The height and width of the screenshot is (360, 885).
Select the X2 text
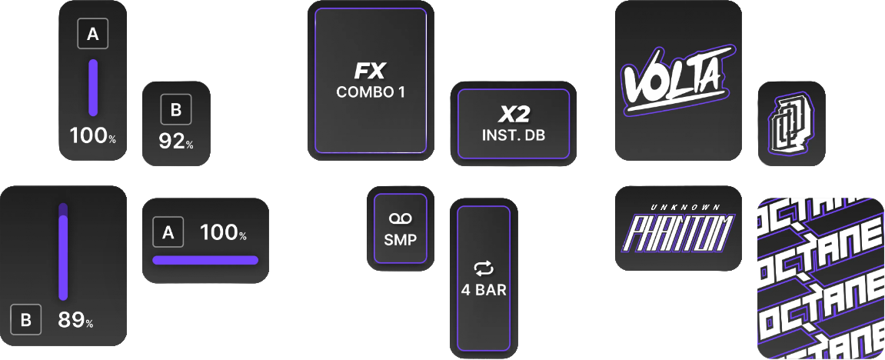[514, 115]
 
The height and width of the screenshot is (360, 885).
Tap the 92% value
[175, 142]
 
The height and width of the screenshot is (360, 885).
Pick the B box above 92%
[175, 111]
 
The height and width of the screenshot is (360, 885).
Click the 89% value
[75, 320]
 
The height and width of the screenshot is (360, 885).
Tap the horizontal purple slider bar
[205, 260]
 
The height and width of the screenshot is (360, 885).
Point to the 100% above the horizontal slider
[223, 232]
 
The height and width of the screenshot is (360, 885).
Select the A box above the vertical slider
[93, 34]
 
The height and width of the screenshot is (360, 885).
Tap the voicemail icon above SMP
[400, 219]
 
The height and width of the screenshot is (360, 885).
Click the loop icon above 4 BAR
[484, 268]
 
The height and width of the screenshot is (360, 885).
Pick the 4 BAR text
[484, 292]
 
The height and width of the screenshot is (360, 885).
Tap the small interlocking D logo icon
[790, 123]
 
